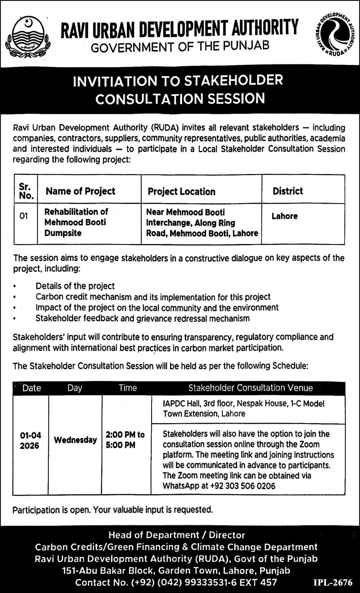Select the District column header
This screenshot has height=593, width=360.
point(288,191)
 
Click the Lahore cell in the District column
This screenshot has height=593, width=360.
point(284,216)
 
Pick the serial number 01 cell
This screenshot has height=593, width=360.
point(24,216)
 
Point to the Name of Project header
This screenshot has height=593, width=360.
point(81,191)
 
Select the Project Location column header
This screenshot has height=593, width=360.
point(181,191)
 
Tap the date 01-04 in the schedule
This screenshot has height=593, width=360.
point(31,435)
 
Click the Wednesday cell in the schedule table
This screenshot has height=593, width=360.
point(75,440)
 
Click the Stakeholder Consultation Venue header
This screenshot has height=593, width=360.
point(250,388)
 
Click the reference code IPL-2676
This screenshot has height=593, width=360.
point(333,582)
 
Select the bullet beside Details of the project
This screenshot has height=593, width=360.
point(14,287)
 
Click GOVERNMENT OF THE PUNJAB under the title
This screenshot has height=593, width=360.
point(180,46)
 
